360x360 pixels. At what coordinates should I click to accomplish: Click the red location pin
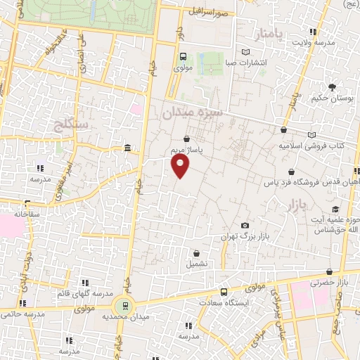tap(181, 166)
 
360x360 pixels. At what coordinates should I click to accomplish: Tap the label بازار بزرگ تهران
tap(242, 238)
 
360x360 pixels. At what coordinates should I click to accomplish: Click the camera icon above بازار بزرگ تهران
tap(245, 226)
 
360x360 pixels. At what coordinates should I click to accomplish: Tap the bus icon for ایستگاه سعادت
tap(224, 292)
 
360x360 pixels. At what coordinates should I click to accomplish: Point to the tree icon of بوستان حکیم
tap(331, 86)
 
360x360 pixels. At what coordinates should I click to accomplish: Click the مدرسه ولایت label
tap(326, 42)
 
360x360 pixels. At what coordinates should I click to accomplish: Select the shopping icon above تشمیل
tap(196, 253)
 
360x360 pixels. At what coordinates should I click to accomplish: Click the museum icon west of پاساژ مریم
tap(127, 148)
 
